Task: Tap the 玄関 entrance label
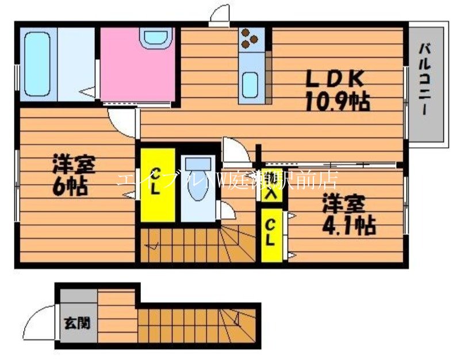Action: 76,323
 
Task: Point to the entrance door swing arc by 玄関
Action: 43,320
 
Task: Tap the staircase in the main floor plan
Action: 195,244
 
